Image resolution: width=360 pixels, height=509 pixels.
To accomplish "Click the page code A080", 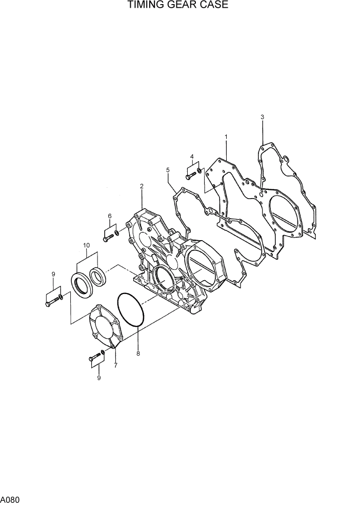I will (10, 499).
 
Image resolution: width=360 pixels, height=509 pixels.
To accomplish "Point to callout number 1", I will (226, 137).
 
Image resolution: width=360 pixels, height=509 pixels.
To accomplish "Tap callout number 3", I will (263, 118).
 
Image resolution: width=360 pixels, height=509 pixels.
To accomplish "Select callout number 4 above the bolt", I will (192, 156).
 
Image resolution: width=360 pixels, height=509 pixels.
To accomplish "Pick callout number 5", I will (168, 169).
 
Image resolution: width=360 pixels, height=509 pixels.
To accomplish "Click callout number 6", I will (110, 216).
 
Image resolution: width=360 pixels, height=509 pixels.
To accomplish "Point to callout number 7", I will (115, 365).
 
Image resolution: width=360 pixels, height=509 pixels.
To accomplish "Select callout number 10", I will (87, 245).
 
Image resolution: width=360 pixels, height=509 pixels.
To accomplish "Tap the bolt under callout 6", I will (107, 238).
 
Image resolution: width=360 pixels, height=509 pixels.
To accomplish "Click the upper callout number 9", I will (53, 275).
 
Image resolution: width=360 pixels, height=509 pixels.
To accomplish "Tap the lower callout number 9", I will (98, 378).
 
